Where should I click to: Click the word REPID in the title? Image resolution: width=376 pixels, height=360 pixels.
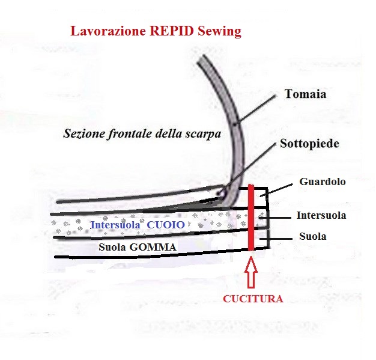tap(171, 31)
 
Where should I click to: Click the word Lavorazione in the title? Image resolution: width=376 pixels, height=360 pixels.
tap(108, 31)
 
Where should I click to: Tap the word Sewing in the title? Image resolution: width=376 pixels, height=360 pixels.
tap(219, 31)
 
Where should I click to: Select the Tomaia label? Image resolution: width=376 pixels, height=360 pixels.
tap(306, 94)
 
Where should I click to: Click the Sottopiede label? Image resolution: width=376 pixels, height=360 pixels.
tap(309, 144)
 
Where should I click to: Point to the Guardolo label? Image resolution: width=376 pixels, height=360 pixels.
tap(323, 182)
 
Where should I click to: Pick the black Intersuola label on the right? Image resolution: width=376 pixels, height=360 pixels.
tap(321, 215)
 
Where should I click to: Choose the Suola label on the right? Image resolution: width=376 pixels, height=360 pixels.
tap(313, 236)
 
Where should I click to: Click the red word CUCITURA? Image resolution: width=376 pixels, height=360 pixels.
tap(253, 299)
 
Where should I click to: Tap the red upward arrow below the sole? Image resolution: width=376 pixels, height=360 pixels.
tap(251, 272)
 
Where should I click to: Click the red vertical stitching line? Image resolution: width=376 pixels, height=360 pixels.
tap(251, 218)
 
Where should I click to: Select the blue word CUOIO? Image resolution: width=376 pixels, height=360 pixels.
tap(166, 225)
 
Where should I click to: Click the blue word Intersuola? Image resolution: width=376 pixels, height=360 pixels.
tap(115, 225)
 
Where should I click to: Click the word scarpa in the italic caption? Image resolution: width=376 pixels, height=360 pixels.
tap(204, 134)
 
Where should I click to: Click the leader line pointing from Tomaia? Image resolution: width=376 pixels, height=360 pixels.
tap(255, 109)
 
